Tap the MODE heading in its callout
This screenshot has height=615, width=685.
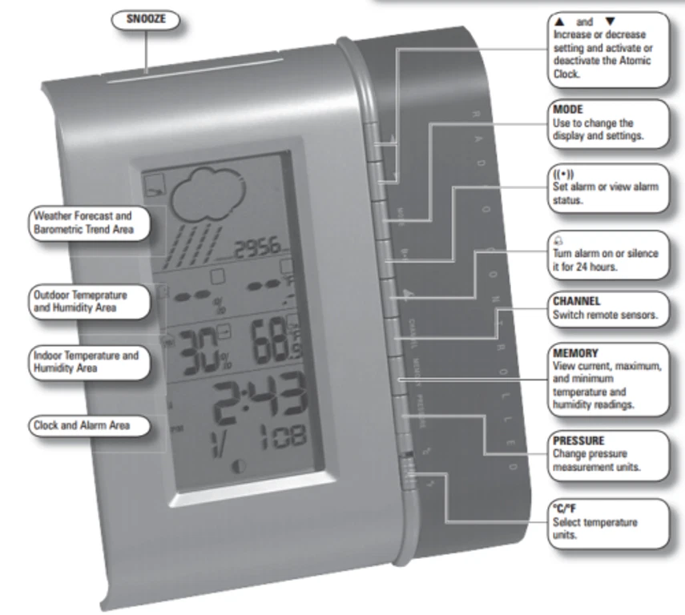tap(568, 109)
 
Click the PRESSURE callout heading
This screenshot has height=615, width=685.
tap(578, 440)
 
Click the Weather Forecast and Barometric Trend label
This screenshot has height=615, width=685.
tap(82, 223)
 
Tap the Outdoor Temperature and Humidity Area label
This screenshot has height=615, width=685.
tap(80, 300)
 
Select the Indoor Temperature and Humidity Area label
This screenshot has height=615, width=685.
tap(86, 361)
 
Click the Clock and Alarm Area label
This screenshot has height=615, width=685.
tap(81, 425)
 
